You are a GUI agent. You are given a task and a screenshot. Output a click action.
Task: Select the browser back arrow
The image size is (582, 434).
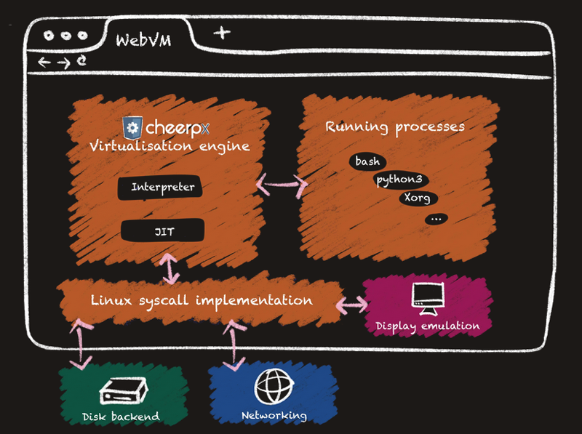(44, 63)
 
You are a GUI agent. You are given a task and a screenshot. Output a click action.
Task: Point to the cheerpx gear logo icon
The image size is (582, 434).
(132, 128)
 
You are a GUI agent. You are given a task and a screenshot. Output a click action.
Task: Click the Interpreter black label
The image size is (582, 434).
(162, 188)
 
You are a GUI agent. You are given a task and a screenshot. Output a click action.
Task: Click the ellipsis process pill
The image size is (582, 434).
(436, 217)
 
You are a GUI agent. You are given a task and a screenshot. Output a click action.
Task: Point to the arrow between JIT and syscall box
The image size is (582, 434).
(171, 268)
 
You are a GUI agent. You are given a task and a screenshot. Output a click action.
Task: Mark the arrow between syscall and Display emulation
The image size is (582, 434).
(352, 305)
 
